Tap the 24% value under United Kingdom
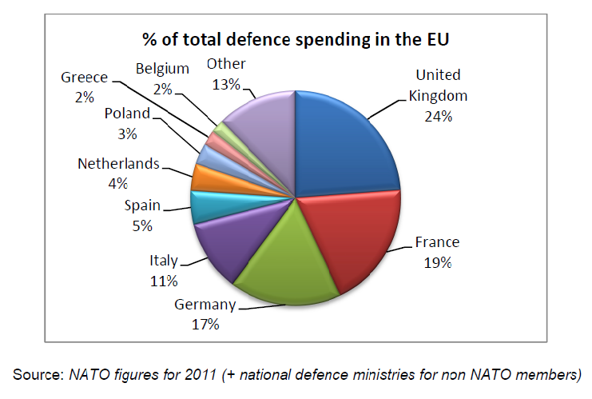(x=439, y=116)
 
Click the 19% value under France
(x=438, y=263)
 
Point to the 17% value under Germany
(x=205, y=324)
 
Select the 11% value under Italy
(x=163, y=281)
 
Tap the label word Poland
(x=128, y=113)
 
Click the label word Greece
(x=84, y=78)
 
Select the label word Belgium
(x=162, y=69)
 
